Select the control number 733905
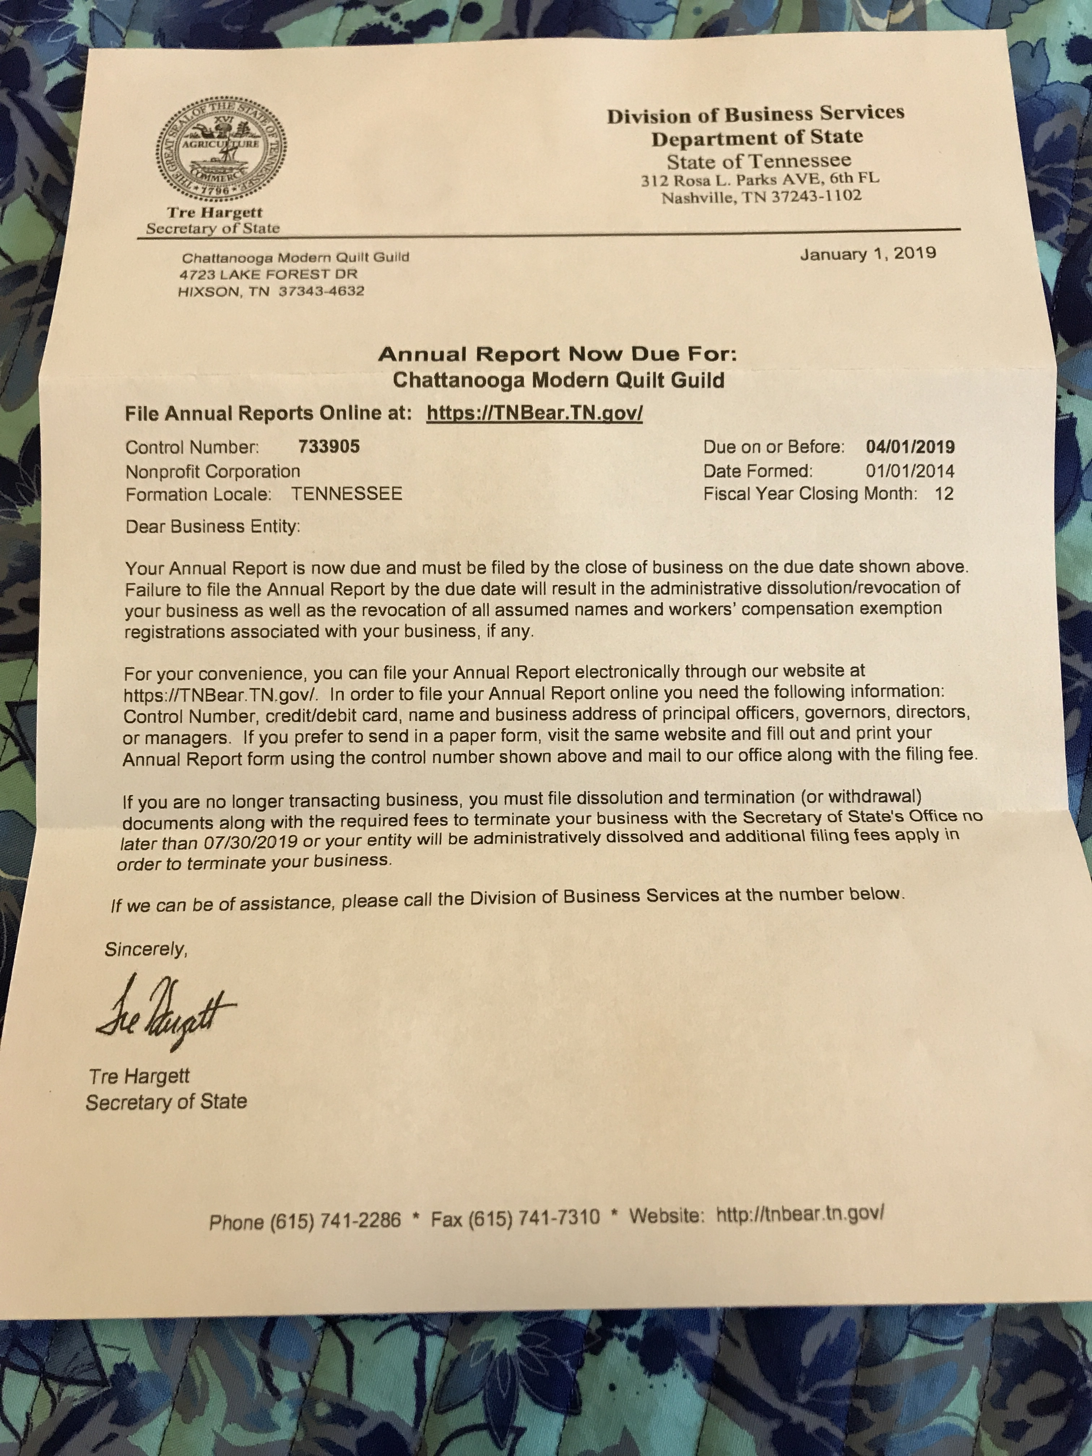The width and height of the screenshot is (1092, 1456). (329, 447)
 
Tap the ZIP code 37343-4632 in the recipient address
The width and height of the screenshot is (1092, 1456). (321, 291)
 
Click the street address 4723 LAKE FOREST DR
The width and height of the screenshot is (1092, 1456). (269, 274)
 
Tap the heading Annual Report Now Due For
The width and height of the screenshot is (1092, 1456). (558, 355)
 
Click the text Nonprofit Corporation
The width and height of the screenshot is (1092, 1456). (213, 471)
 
